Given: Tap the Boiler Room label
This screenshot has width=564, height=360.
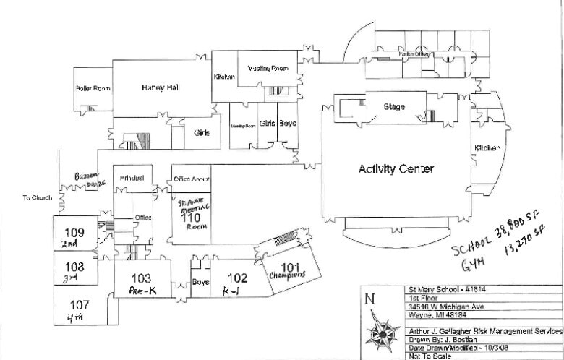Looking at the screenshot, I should (x=93, y=89).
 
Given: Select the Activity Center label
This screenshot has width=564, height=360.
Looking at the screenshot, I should (x=396, y=169).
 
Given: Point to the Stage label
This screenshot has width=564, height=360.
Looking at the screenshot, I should (x=394, y=107).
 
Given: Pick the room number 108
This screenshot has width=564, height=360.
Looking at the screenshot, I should (x=75, y=266).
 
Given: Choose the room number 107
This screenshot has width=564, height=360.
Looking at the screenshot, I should (x=79, y=305).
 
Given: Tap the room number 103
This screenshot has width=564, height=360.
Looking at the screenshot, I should (x=141, y=278).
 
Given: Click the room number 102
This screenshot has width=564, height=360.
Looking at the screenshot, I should (x=237, y=278).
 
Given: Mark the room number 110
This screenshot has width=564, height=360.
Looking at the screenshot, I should (x=190, y=217).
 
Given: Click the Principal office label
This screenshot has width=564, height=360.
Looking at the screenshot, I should (x=132, y=178).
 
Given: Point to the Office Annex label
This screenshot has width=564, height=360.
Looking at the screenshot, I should (x=192, y=178).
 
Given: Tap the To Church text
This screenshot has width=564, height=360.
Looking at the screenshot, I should (x=36, y=197).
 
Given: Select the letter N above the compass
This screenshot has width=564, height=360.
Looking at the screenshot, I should (x=371, y=299).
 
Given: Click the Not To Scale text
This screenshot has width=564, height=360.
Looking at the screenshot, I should (x=426, y=356).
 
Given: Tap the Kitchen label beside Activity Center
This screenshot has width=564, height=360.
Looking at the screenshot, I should (x=486, y=148).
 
